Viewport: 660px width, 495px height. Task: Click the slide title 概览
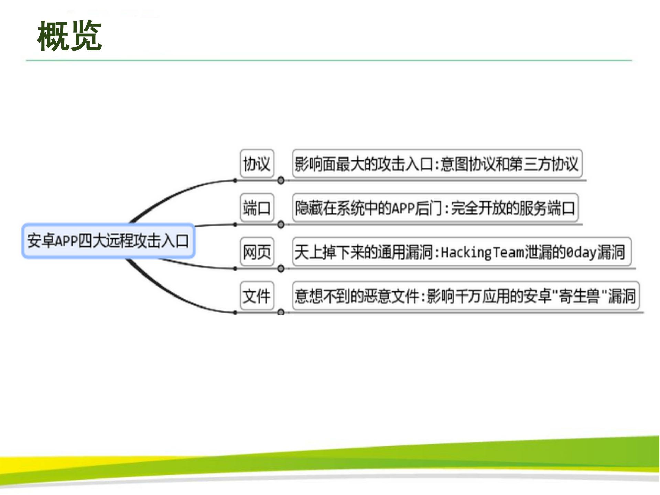tap(69, 36)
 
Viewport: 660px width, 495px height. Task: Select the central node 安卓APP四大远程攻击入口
tap(108, 240)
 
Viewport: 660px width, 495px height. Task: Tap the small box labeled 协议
tap(257, 163)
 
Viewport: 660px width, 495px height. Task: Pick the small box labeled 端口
tap(257, 208)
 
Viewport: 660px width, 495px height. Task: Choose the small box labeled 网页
tap(257, 252)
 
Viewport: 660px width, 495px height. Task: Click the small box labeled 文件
tap(257, 296)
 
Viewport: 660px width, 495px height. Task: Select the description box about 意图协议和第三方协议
tap(437, 163)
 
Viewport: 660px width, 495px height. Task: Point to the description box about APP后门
tap(435, 208)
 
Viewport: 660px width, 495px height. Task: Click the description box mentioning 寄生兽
tap(465, 296)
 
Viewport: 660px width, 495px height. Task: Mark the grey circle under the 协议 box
tap(281, 180)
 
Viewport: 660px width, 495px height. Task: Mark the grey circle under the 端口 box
tap(281, 225)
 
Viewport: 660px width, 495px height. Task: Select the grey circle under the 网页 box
tap(281, 269)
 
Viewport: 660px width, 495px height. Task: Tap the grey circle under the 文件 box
tap(281, 312)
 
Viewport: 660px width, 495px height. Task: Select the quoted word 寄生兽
tap(579, 296)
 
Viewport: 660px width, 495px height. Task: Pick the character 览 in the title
tap(86, 36)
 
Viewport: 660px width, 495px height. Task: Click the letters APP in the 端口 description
tap(402, 208)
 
